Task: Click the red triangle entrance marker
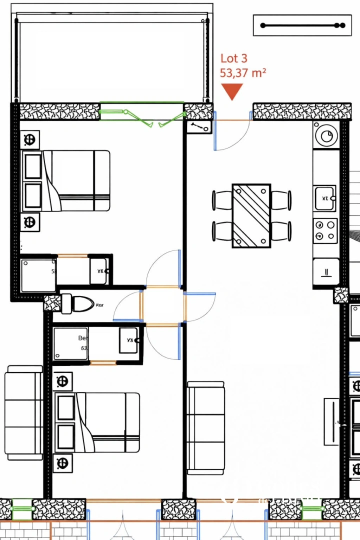[x=232, y=91]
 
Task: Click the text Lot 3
[x=233, y=59]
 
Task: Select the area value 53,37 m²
[x=242, y=73]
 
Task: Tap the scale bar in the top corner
[x=302, y=25]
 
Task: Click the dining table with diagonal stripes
[x=251, y=215]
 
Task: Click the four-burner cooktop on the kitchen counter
[x=325, y=230]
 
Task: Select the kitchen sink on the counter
[x=325, y=198]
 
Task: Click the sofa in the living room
[x=205, y=428]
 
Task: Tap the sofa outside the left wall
[x=24, y=412]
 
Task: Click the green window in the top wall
[x=141, y=110]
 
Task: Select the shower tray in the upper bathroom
[x=38, y=275]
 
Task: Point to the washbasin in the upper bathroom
[x=98, y=271]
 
